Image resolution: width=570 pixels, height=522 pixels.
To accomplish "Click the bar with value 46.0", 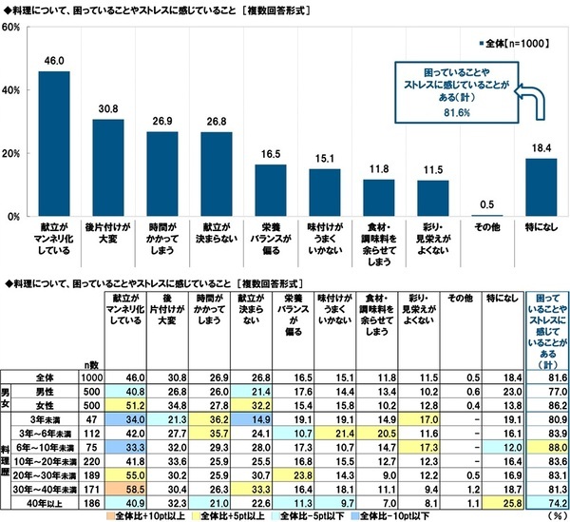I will [x=53, y=145].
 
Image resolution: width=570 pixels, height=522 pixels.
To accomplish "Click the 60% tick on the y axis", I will [x=13, y=28].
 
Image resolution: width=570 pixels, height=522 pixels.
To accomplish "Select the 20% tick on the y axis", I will [x=13, y=154].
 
